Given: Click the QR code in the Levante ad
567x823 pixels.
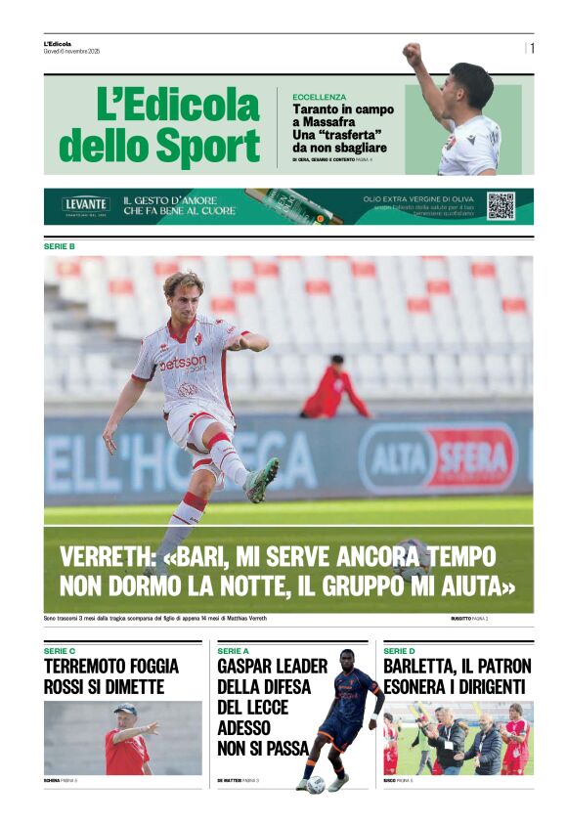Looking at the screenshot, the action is [x=501, y=206].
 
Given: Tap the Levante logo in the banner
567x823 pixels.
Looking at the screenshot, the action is [x=86, y=205].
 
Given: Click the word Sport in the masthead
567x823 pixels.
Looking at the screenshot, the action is [x=198, y=147].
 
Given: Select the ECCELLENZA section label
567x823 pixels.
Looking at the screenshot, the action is [x=319, y=98].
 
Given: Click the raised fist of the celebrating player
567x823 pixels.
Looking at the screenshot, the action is [x=413, y=53].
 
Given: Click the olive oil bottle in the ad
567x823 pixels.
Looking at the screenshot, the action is [x=292, y=206].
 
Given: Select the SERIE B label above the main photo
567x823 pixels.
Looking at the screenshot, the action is [x=60, y=246].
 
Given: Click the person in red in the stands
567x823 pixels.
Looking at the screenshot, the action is [x=332, y=391].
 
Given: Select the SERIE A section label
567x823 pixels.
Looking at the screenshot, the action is [x=233, y=651].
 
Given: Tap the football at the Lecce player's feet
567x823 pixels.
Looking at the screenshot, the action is [x=315, y=784].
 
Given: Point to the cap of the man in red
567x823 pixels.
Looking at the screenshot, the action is [x=124, y=709].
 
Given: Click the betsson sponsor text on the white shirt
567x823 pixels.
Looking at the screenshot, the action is [x=184, y=363].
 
